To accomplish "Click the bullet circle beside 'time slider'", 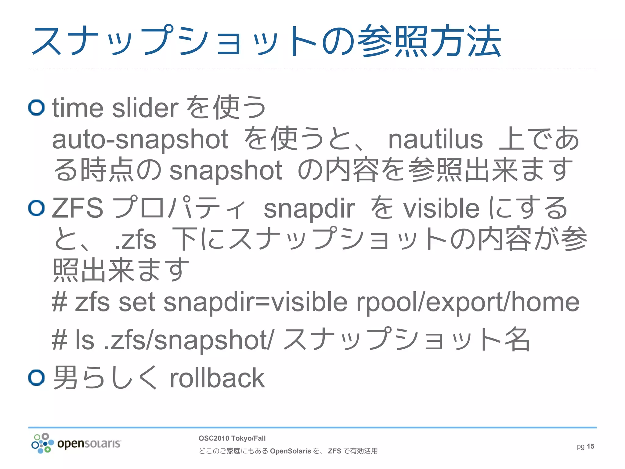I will (x=37, y=107).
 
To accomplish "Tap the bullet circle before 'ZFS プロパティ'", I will (x=37, y=208).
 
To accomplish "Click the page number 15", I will (x=591, y=446).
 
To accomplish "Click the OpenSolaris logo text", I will (x=89, y=443).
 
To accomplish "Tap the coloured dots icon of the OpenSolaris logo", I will (x=42, y=443).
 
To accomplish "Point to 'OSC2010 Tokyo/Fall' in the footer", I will (x=232, y=438).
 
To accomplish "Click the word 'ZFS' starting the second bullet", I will (x=78, y=208).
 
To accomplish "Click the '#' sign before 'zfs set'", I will (x=60, y=302).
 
